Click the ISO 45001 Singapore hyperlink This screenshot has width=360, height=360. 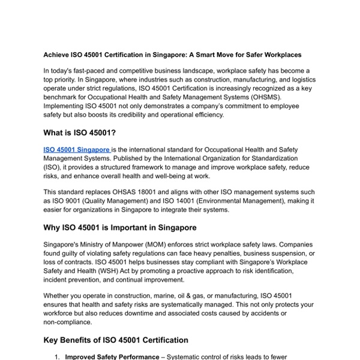(x=77, y=149)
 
